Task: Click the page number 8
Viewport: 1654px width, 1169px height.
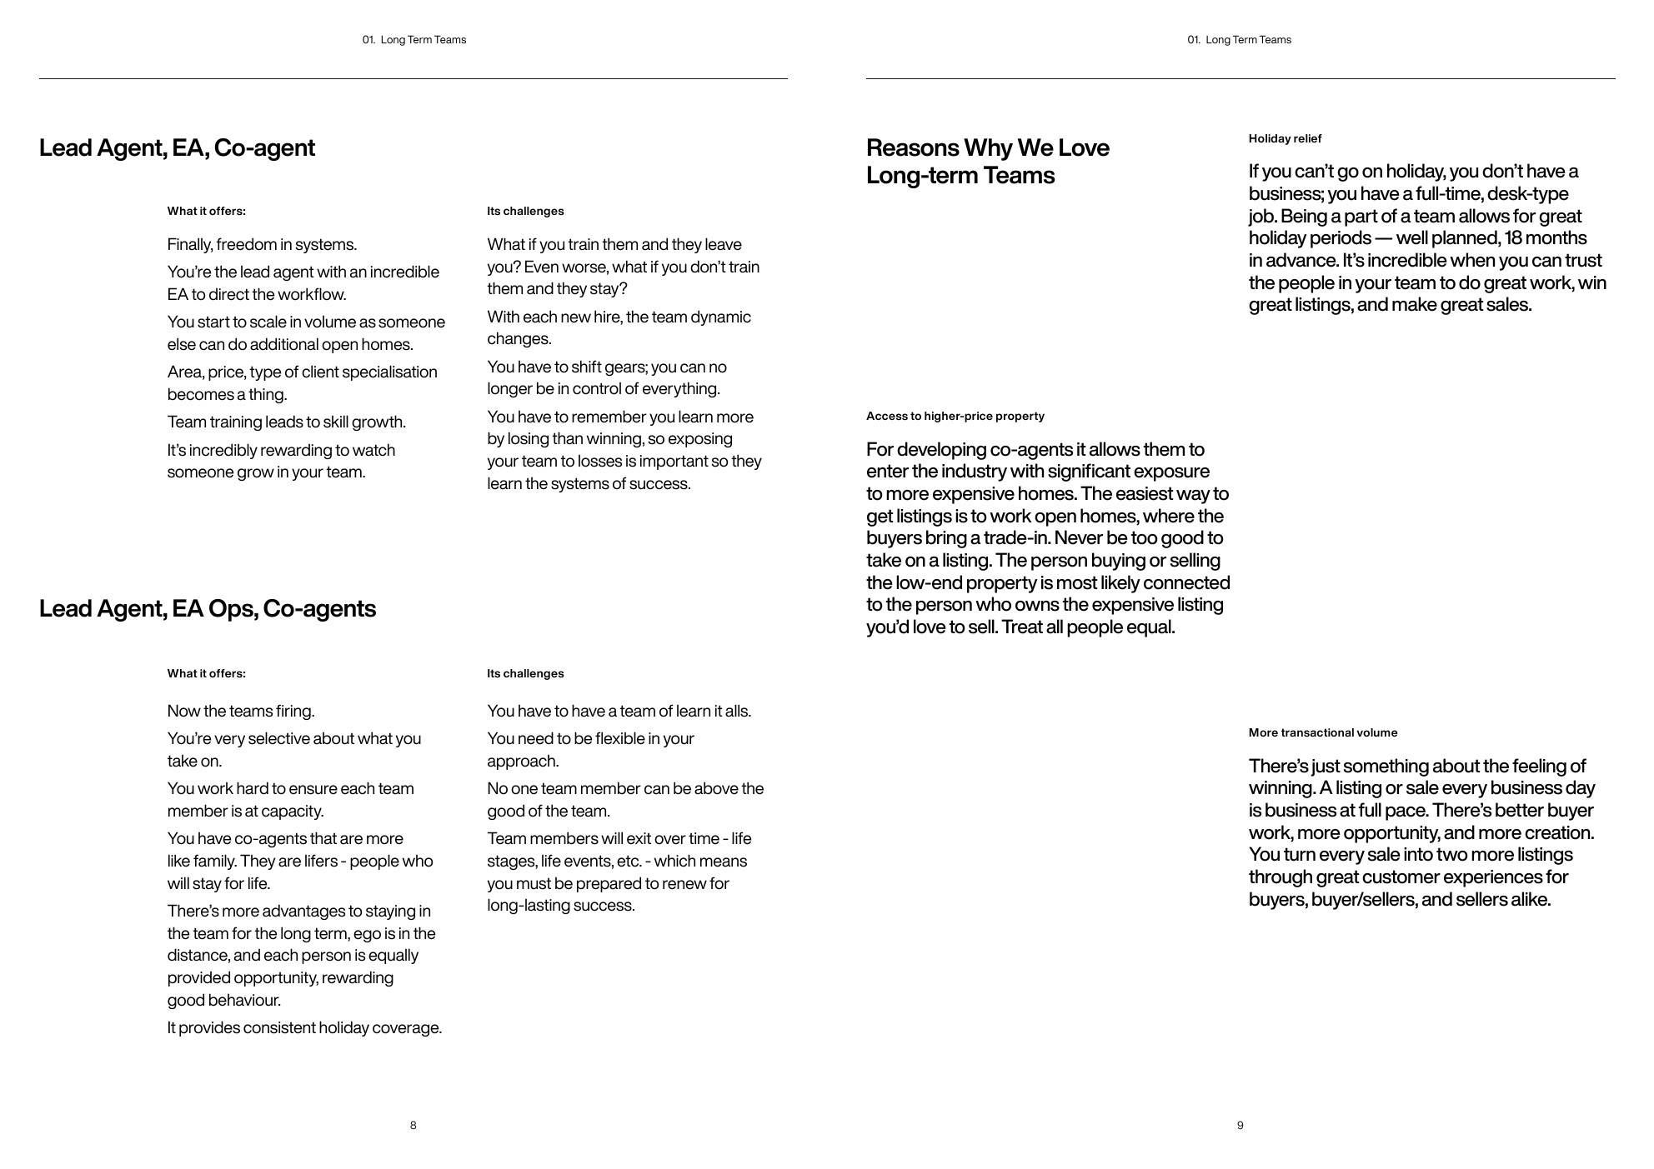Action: (413, 1125)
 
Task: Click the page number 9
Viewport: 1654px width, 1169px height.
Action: (1240, 1125)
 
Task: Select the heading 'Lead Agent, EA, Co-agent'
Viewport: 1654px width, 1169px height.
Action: (177, 148)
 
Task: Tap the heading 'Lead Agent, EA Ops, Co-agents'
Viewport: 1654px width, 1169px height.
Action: (207, 609)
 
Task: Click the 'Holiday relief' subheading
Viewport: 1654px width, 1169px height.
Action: (1285, 138)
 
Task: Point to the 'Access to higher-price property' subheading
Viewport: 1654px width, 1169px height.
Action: (955, 416)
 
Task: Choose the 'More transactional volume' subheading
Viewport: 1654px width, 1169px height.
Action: (1322, 732)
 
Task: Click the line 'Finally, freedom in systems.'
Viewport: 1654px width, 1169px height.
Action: (262, 244)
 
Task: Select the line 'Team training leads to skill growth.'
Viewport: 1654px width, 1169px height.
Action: (286, 422)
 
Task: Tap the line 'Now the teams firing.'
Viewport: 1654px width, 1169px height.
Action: (240, 711)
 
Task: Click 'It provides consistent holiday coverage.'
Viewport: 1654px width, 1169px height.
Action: (304, 1027)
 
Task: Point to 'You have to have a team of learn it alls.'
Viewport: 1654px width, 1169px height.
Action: (619, 711)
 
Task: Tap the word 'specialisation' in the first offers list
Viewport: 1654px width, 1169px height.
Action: (389, 372)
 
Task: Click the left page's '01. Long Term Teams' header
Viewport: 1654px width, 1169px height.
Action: (413, 40)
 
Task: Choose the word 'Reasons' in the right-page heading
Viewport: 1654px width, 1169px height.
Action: (912, 148)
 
